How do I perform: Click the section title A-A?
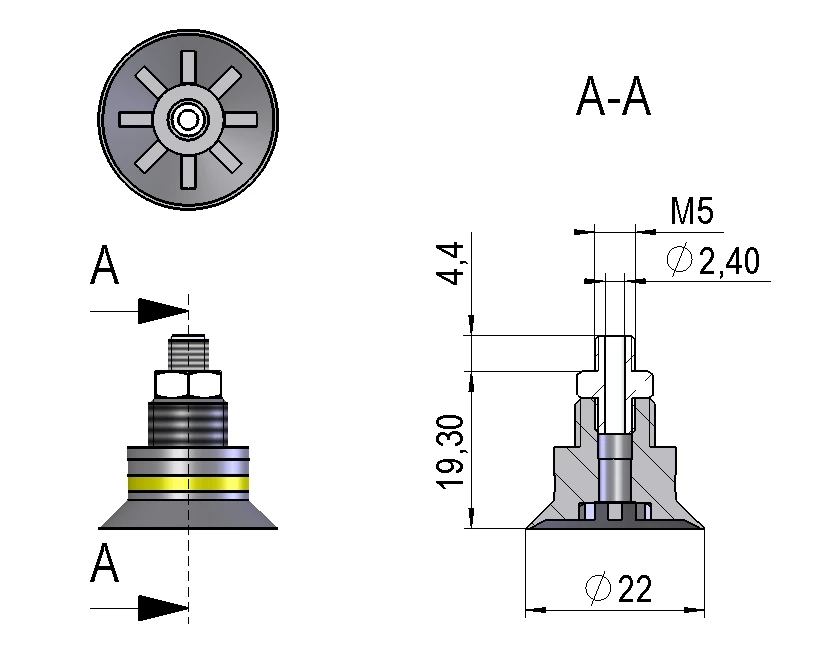(613, 98)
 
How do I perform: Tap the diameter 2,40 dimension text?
(713, 261)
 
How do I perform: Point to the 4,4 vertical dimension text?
(451, 263)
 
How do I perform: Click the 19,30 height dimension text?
(451, 451)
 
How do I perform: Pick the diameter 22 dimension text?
(618, 589)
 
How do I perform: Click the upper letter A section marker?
(105, 267)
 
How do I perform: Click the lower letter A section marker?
(105, 564)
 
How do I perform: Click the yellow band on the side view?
(187, 486)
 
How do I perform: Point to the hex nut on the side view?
(187, 386)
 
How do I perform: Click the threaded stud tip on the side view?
(187, 350)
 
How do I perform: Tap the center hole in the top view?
(187, 119)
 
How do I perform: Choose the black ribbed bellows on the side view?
(187, 422)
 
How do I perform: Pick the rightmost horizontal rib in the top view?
(242, 119)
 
